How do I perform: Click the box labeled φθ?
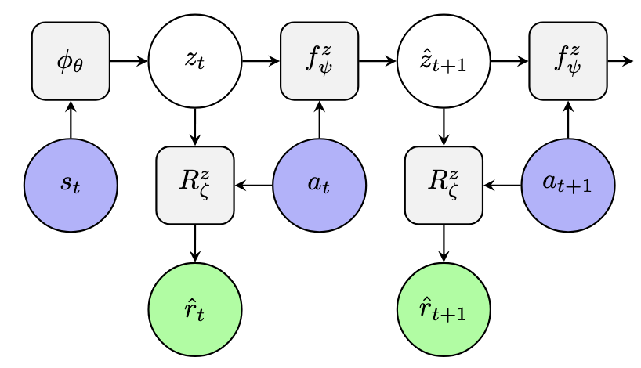pyautogui.click(x=71, y=61)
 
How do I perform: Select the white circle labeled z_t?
pyautogui.click(x=195, y=61)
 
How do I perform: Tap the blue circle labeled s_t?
pyautogui.click(x=71, y=186)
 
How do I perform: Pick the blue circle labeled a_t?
pyautogui.click(x=320, y=186)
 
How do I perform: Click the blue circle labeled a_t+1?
pyautogui.click(x=568, y=186)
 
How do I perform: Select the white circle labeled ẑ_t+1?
pyautogui.click(x=444, y=61)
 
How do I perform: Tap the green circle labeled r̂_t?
pyautogui.click(x=195, y=310)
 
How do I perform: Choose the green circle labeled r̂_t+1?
pyautogui.click(x=444, y=310)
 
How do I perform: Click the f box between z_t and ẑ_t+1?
pyautogui.click(x=320, y=61)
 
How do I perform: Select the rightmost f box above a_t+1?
pyautogui.click(x=568, y=61)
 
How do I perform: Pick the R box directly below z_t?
pyautogui.click(x=195, y=186)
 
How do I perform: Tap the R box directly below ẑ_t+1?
pyautogui.click(x=444, y=186)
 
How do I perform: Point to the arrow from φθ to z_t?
pyautogui.click(x=129, y=61)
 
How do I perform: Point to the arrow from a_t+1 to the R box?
pyautogui.click(x=502, y=186)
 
